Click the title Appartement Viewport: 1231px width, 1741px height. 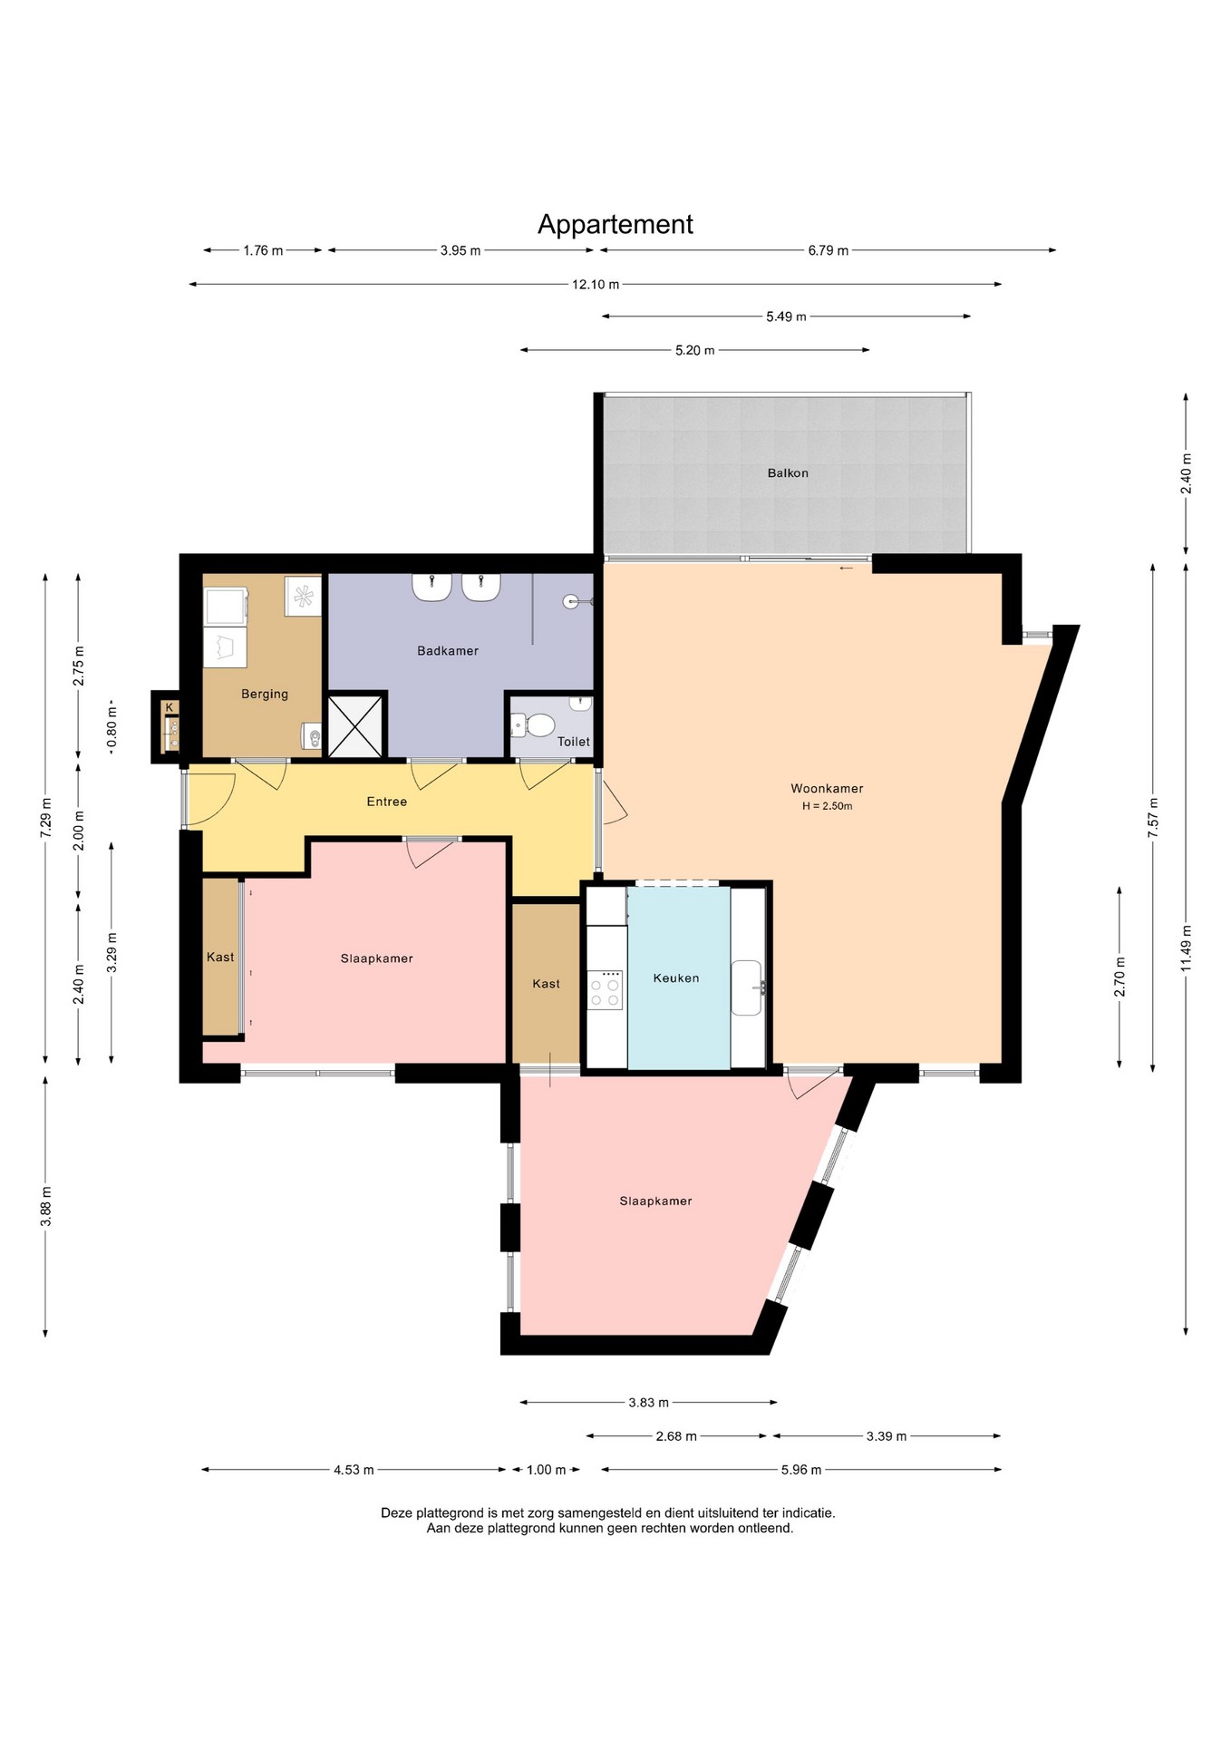(615, 224)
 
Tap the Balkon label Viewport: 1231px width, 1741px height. (788, 473)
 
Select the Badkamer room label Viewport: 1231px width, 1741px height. (448, 650)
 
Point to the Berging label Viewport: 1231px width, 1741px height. (265, 695)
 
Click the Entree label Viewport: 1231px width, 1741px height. (387, 802)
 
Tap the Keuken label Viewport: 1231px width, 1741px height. (676, 978)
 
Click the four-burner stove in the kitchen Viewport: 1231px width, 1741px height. (606, 989)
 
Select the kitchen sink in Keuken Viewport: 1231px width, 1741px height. (748, 987)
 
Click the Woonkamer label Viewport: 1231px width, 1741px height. (827, 789)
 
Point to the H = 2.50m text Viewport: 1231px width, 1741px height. (827, 806)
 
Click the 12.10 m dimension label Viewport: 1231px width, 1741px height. (596, 285)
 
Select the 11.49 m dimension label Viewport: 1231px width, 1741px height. (1186, 948)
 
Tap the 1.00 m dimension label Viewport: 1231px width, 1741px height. (546, 1470)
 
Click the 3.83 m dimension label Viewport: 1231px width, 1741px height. (649, 1403)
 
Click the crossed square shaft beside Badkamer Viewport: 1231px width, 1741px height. (355, 725)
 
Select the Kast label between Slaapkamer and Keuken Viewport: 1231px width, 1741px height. (547, 984)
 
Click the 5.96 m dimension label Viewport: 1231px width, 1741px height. (801, 1470)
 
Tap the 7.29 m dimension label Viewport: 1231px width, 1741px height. (45, 819)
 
